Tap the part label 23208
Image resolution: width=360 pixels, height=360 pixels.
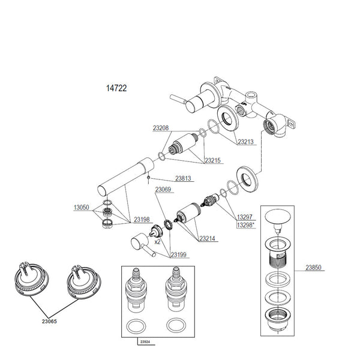coord(160,128)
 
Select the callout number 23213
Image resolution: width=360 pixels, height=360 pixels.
coord(246,143)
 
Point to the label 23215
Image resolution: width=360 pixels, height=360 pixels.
coord(213,161)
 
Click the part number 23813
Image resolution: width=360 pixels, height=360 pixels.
coord(184,178)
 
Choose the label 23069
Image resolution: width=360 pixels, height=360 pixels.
coord(164,190)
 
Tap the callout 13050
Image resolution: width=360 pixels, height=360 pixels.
coord(82,208)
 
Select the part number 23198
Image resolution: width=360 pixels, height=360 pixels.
coord(142,220)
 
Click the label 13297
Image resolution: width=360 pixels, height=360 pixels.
coord(244,217)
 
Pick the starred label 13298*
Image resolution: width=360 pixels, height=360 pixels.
coord(245,225)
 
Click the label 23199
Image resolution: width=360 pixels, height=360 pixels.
coord(178,255)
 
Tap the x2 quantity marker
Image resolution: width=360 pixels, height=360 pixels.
coord(158,242)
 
